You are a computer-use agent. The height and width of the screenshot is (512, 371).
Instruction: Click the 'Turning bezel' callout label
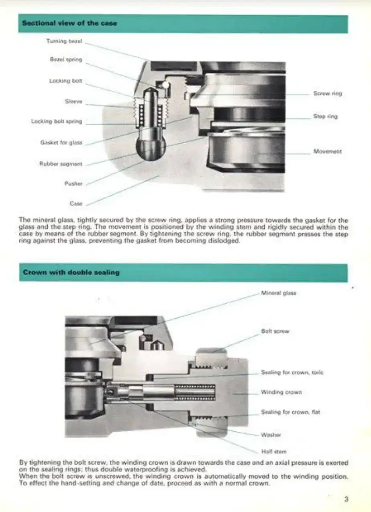64,41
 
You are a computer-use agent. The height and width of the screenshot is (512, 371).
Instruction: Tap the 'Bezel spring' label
66,59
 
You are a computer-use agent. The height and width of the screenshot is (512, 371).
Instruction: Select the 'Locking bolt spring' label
57,121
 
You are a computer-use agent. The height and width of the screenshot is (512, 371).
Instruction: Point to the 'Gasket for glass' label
61,142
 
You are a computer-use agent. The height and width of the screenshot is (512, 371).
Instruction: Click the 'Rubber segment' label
61,164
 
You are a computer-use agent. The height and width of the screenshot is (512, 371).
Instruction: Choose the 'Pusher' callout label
73,184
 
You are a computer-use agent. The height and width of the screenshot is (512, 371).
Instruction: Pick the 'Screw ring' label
327,93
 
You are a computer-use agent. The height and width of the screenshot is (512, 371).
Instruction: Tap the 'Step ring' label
325,116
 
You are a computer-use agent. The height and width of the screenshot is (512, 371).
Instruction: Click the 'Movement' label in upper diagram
327,152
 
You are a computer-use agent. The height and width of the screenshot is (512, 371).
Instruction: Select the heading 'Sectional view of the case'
69,23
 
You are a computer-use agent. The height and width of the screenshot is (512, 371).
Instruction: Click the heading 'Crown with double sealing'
71,272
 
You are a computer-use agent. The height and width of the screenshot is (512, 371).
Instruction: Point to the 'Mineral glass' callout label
278,293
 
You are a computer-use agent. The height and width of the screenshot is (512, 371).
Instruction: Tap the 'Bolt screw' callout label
275,331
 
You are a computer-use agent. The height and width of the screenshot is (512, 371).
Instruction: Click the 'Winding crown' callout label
281,392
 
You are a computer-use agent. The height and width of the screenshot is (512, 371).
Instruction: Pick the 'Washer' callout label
271,435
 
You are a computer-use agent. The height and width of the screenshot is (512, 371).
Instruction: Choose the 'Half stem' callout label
274,451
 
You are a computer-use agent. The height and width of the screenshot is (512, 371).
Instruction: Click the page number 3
346,499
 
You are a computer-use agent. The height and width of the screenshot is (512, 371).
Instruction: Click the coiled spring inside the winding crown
195,392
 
